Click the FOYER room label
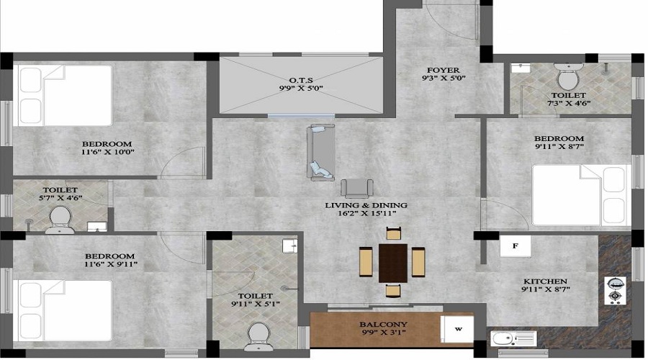[x=444, y=71]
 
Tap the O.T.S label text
[x=301, y=80]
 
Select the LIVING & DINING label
[x=366, y=205]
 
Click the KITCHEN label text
[x=546, y=281]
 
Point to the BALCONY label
[x=384, y=325]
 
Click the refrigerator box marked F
[x=516, y=246]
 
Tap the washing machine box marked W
[x=457, y=329]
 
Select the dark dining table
[x=393, y=263]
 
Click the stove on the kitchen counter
[x=615, y=291]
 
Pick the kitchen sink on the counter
[x=513, y=338]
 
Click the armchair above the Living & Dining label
[x=356, y=189]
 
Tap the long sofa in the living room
[x=320, y=153]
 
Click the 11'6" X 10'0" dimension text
[x=108, y=152]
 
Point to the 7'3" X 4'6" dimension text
[x=569, y=104]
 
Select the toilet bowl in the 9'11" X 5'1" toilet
[x=259, y=336]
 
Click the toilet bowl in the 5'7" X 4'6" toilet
[x=60, y=220]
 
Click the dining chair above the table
[x=394, y=233]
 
